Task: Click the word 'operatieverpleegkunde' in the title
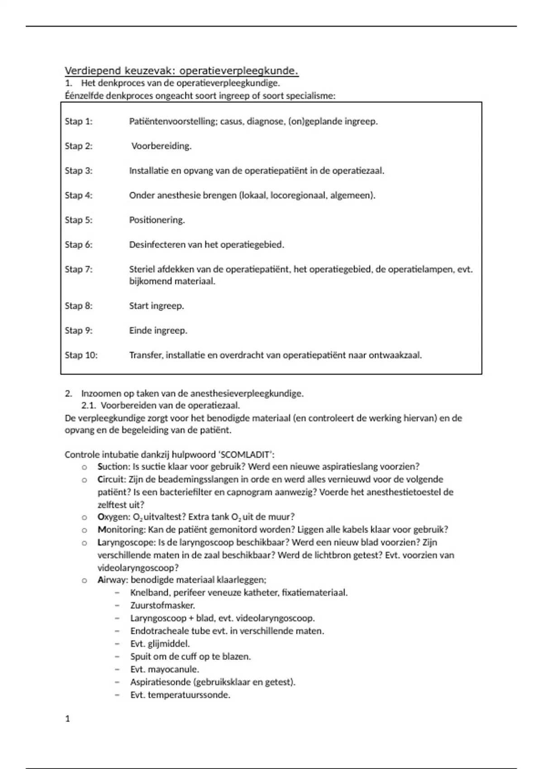pyautogui.click(x=239, y=71)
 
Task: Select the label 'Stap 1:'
pyautogui.click(x=79, y=121)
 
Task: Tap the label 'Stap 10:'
pyautogui.click(x=81, y=355)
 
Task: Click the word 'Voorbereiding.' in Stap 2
pyautogui.click(x=162, y=146)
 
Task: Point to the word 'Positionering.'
pyautogui.click(x=157, y=220)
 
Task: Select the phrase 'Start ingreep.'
pyautogui.click(x=157, y=306)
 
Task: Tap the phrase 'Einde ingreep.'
pyautogui.click(x=158, y=331)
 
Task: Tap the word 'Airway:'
pyautogui.click(x=113, y=580)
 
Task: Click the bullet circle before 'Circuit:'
pyautogui.click(x=84, y=480)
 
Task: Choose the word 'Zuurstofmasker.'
pyautogui.click(x=162, y=605)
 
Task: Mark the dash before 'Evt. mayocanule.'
pyautogui.click(x=118, y=669)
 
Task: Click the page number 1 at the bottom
pyautogui.click(x=68, y=719)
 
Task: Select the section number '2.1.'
pyautogui.click(x=89, y=406)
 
